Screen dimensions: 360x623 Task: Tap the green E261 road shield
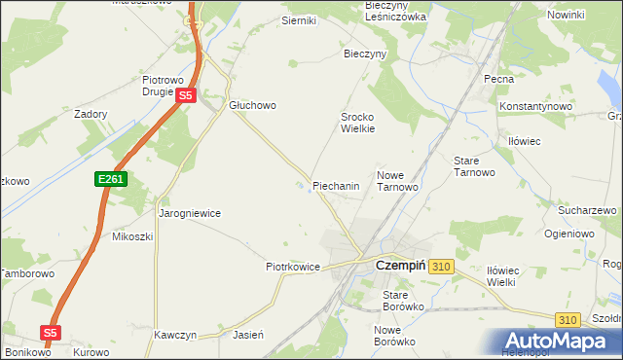(x=110, y=180)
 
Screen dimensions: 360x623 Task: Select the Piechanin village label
(x=337, y=185)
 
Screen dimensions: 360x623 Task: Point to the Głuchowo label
(x=253, y=106)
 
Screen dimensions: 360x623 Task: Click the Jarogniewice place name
(x=190, y=212)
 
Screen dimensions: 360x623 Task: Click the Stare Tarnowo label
(x=475, y=165)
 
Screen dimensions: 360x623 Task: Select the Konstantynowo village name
(x=532, y=105)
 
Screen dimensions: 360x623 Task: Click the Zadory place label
(x=91, y=113)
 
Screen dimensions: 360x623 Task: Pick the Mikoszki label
(x=132, y=236)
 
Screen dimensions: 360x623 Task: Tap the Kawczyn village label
(x=175, y=335)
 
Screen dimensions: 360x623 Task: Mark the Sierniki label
(x=272, y=20)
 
